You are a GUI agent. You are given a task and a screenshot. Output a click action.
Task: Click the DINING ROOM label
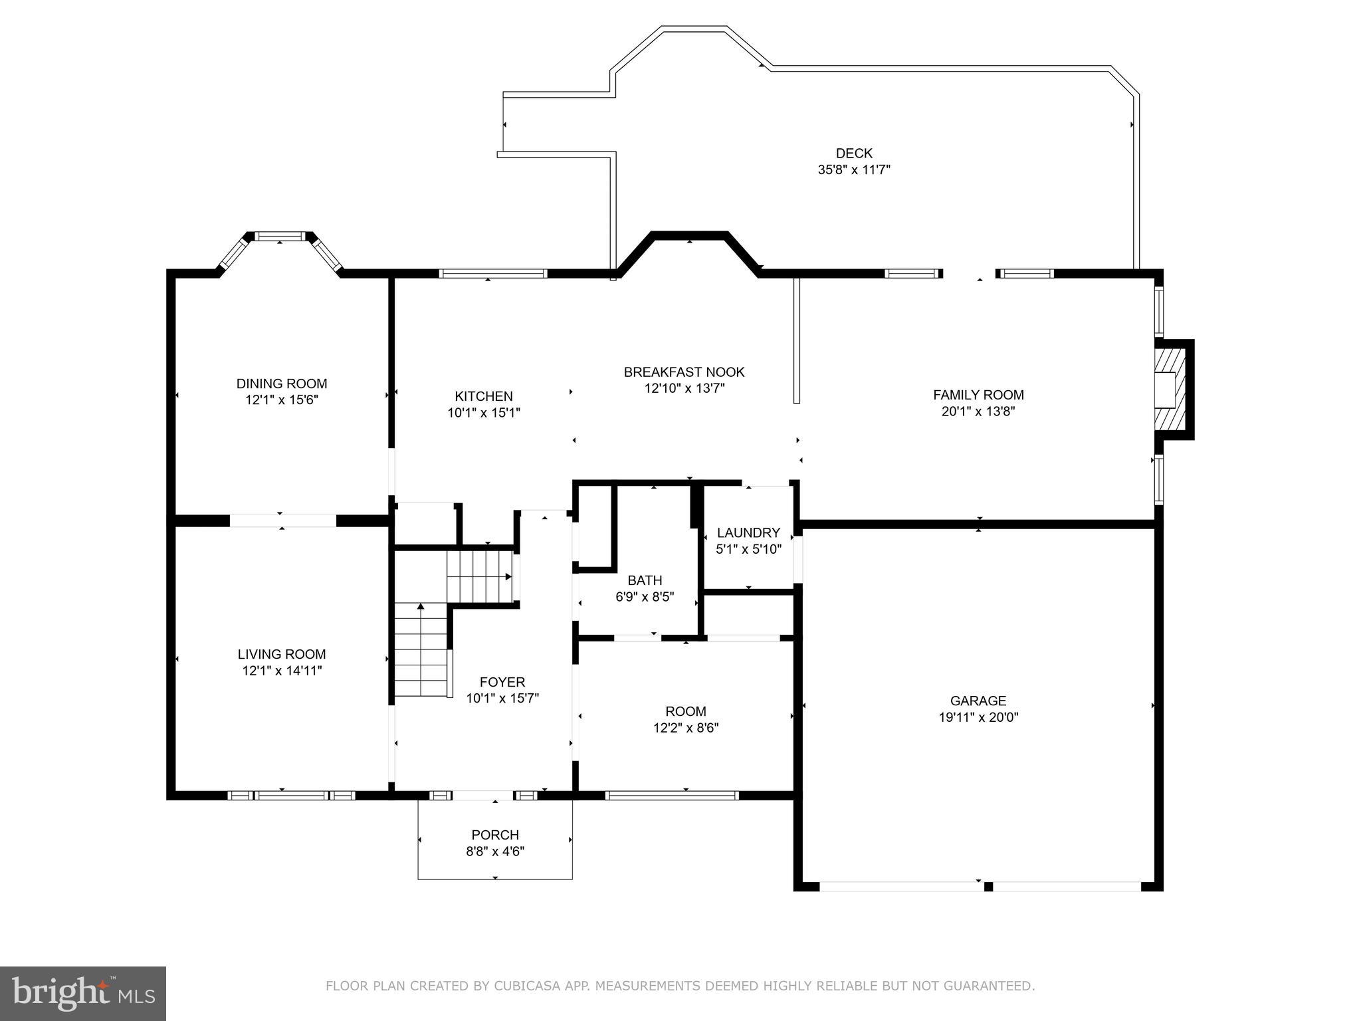(282, 384)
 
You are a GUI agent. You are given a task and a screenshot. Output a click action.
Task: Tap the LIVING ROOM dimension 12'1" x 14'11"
(282, 671)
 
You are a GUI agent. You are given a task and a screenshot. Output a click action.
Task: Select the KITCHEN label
(484, 396)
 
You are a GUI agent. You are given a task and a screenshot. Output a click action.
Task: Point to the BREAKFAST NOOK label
(684, 372)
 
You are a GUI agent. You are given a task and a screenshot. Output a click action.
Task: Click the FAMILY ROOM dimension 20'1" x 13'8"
(978, 411)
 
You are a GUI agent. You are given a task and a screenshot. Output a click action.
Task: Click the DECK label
(854, 154)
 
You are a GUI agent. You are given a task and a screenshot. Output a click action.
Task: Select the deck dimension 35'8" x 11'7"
(854, 170)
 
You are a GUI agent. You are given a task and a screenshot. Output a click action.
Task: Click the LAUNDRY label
(748, 532)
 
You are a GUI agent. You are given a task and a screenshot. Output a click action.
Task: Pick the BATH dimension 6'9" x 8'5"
(645, 597)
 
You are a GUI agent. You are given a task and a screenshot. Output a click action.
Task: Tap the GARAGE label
(978, 701)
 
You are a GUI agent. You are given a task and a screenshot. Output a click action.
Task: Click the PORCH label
(495, 835)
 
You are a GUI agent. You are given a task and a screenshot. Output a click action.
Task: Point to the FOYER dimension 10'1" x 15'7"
(502, 699)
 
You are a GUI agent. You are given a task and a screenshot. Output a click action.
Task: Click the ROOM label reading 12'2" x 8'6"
(686, 711)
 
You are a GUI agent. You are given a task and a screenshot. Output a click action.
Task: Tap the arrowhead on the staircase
(421, 606)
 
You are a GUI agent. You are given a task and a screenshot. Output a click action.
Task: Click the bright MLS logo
(83, 994)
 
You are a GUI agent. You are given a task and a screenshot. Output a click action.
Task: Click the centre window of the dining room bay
(280, 236)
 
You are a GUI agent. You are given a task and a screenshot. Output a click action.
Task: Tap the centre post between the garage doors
(988, 887)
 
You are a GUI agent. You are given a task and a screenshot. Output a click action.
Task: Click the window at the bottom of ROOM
(672, 795)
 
